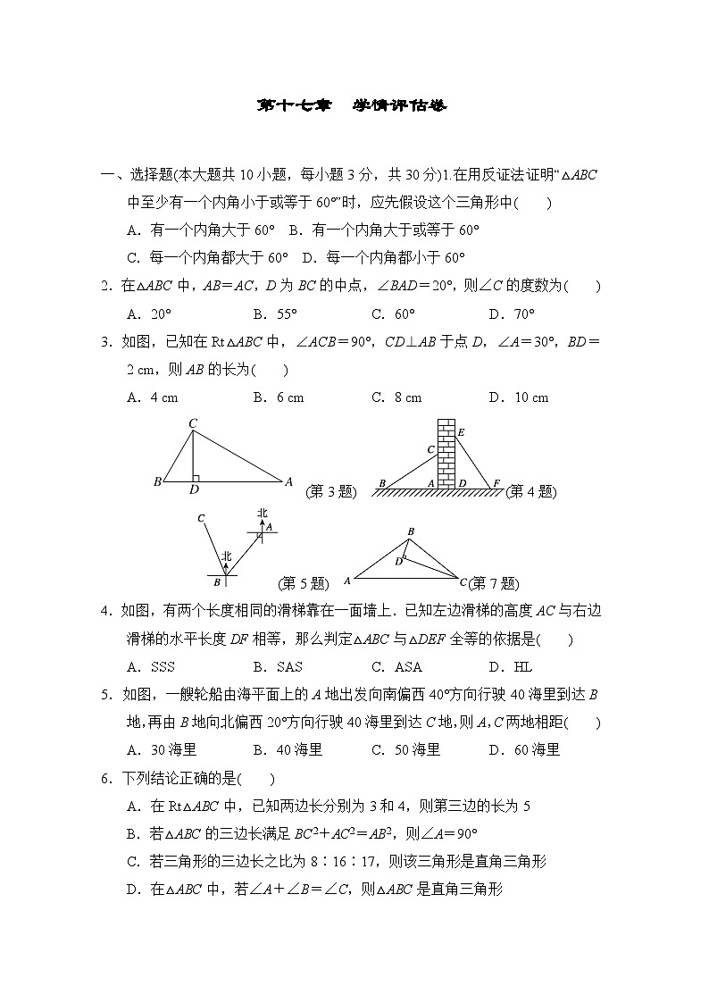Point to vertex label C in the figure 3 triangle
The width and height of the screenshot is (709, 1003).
coord(192,423)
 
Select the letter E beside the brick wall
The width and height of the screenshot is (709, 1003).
coord(461,433)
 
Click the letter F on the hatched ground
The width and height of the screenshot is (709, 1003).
coord(496,483)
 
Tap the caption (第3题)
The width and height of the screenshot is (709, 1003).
coord(330,490)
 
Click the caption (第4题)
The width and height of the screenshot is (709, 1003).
coord(530,490)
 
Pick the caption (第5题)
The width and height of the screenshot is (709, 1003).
coord(304,583)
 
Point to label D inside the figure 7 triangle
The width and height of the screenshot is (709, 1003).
coord(398,562)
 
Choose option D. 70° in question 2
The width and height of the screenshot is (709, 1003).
coord(511,313)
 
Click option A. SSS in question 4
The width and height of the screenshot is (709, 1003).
coord(151,666)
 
